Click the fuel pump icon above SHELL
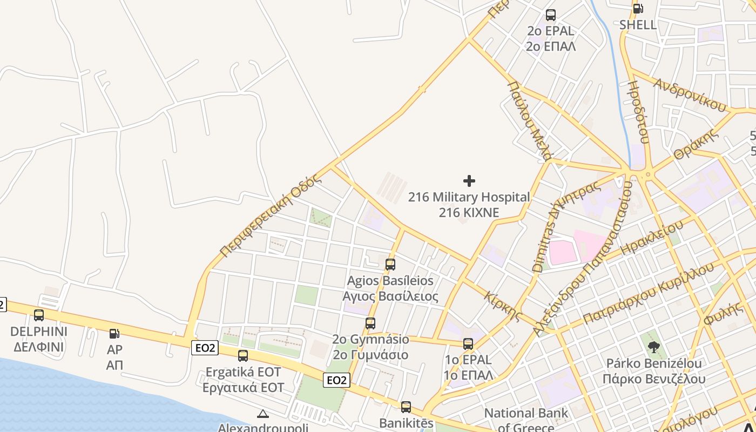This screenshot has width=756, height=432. pyautogui.click(x=638, y=8)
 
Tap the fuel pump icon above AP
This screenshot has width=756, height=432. pyautogui.click(x=114, y=334)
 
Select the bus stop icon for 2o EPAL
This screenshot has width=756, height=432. pyautogui.click(x=551, y=15)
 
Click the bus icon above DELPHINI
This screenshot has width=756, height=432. pyautogui.click(x=39, y=315)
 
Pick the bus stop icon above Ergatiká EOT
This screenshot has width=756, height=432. pyautogui.click(x=243, y=355)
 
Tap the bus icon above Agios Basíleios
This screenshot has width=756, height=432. pyautogui.click(x=390, y=265)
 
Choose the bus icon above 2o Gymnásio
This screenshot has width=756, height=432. pyautogui.click(x=370, y=323)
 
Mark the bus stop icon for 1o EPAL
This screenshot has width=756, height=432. pyautogui.click(x=468, y=343)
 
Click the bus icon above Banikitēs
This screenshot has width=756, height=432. pyautogui.click(x=406, y=407)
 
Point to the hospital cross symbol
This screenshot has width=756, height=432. pyautogui.click(x=469, y=181)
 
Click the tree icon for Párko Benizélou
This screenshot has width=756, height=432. pyautogui.click(x=654, y=347)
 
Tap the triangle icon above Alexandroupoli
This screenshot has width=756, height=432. pyautogui.click(x=263, y=414)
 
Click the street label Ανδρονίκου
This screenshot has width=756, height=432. pyautogui.click(x=690, y=94)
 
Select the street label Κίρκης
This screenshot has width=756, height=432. pyautogui.click(x=503, y=306)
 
